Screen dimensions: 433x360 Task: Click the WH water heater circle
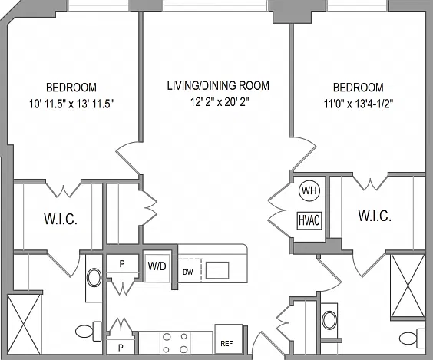pos(309,190)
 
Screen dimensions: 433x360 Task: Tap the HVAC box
pos(309,220)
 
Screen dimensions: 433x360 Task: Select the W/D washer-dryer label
pos(157,266)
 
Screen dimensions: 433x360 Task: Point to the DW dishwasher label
pos(188,272)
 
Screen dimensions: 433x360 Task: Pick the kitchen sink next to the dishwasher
pos(217,270)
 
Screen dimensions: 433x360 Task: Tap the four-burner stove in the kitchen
pos(175,343)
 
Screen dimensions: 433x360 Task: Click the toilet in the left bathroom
pos(88,331)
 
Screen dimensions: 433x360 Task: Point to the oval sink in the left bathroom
pos(94,277)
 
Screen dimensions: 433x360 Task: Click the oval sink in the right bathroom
pos(329,320)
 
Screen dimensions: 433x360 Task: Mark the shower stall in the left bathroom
pos(24,324)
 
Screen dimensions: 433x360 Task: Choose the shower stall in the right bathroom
pos(408,286)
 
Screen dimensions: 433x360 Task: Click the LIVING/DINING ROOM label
pos(218,85)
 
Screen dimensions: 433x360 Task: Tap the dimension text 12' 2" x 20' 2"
pos(220,102)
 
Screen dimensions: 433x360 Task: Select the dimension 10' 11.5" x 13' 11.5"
pos(71,104)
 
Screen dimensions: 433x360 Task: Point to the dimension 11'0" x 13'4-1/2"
pos(359,104)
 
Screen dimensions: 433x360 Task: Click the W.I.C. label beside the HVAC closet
pos(375,216)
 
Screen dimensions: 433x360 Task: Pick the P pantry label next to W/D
pos(122,264)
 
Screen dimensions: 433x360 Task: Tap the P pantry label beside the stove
pos(121,348)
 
